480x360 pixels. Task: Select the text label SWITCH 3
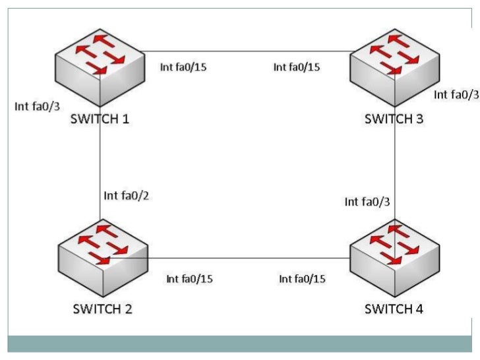[394, 120]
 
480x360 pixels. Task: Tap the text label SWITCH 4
[394, 308]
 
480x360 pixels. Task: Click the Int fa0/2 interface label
[126, 196]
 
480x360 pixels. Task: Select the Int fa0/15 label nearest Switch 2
[190, 279]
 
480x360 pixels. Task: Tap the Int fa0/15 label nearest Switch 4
[303, 279]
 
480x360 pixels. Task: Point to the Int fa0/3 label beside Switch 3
[456, 95]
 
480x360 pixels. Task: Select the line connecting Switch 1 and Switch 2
[100, 165]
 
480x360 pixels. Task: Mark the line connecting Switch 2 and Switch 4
[247, 258]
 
